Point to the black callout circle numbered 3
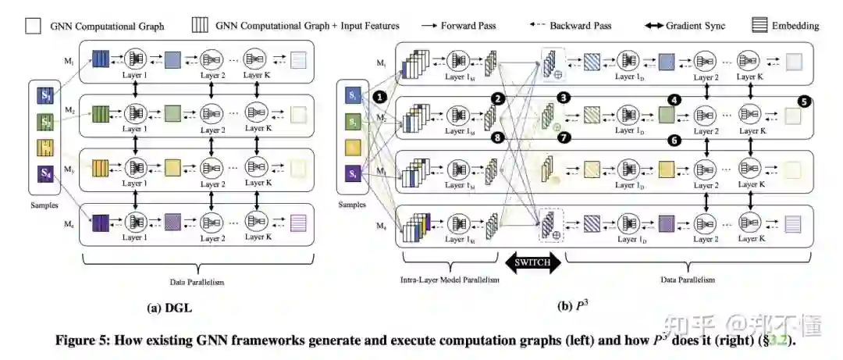click(x=564, y=99)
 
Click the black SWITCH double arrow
click(x=533, y=264)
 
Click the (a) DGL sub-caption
click(x=169, y=308)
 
